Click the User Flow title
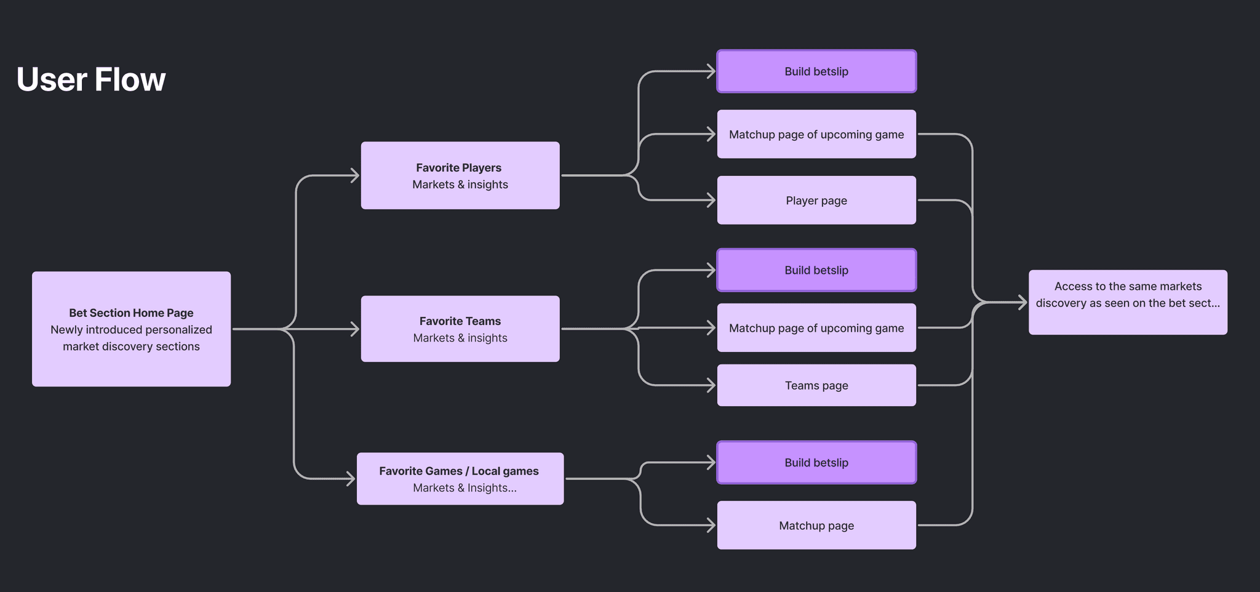click(91, 79)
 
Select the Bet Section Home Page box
click(131, 329)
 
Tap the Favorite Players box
click(460, 175)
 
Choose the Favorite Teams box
click(460, 329)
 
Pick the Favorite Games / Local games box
click(460, 479)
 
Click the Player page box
click(816, 200)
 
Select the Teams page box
click(816, 385)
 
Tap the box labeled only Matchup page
click(816, 525)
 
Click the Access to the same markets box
click(1127, 302)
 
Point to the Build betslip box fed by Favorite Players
click(816, 71)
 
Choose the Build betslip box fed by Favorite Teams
click(816, 270)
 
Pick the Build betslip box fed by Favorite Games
click(816, 462)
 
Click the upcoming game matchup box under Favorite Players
click(816, 134)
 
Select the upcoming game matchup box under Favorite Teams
click(816, 328)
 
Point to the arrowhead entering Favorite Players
click(355, 175)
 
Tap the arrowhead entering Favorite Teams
click(355, 329)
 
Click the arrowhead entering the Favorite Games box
click(351, 479)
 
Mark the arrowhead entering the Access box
click(1023, 302)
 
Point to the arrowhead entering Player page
click(711, 200)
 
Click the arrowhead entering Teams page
click(711, 385)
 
